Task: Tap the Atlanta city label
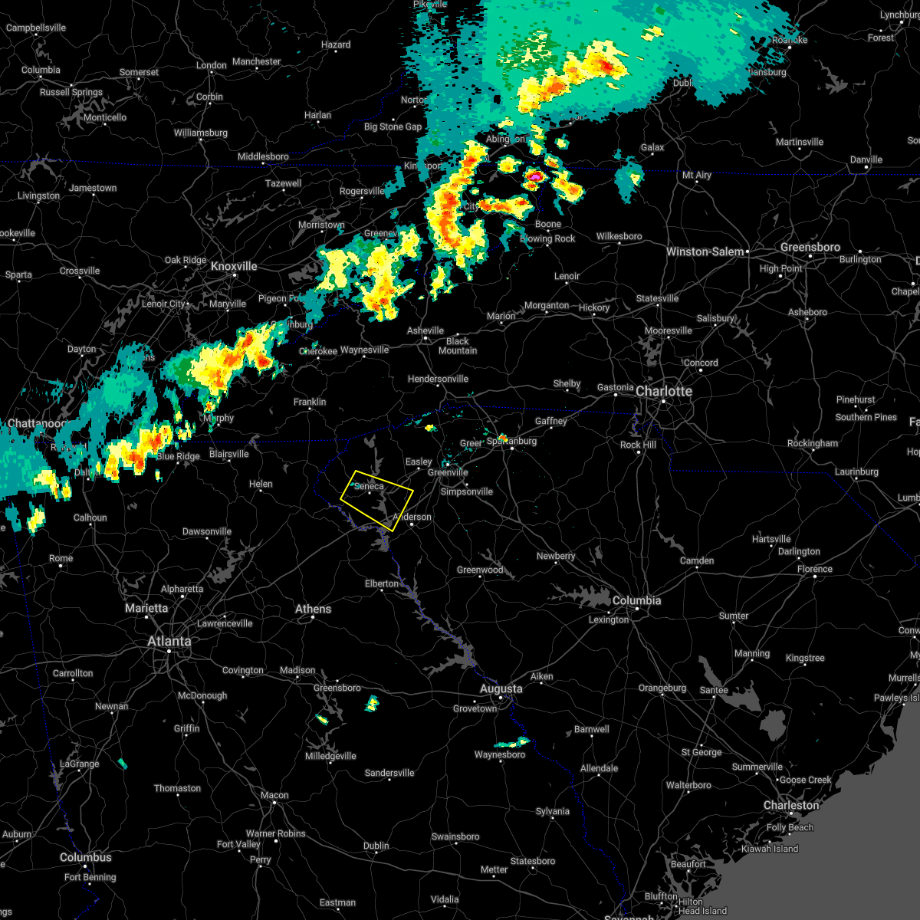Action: pos(169,641)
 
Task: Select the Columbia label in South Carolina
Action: pos(636,600)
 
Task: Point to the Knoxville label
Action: pos(234,266)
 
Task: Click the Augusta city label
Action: pos(501,688)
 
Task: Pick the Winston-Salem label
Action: pos(705,251)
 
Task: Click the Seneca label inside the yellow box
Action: pos(369,486)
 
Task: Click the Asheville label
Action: pos(426,330)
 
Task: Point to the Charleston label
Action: pos(791,805)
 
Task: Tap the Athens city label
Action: pos(313,609)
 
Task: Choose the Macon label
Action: pos(274,795)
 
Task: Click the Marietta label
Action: pos(146,608)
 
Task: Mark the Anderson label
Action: pos(412,517)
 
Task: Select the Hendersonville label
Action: pos(438,379)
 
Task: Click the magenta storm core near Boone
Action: pos(534,176)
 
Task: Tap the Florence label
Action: pos(814,569)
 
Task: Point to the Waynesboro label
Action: pos(500,754)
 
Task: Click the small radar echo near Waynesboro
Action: pos(513,742)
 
